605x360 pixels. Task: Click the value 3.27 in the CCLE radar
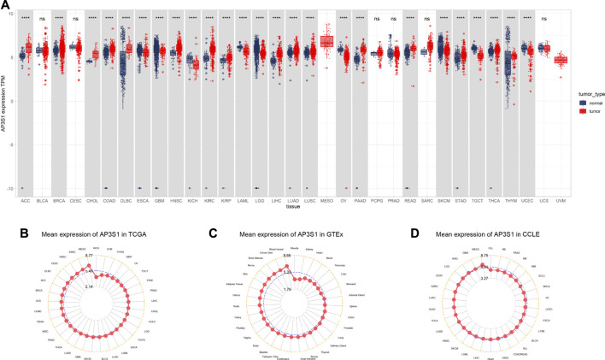pyautogui.click(x=483, y=278)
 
